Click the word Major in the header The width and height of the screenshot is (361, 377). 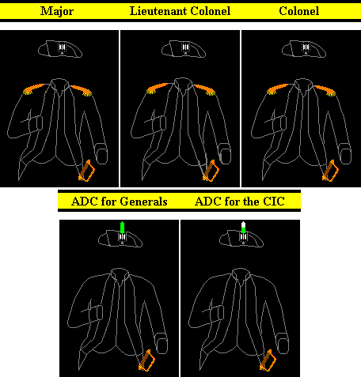pyautogui.click(x=57, y=11)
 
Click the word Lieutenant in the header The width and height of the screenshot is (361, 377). pyautogui.click(x=158, y=11)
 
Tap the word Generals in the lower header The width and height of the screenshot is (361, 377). pyautogui.click(x=143, y=202)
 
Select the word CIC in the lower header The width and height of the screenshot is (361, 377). pyautogui.click(x=273, y=202)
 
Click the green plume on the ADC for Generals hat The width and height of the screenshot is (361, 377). pyautogui.click(x=122, y=228)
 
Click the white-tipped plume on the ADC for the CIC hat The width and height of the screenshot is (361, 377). pyautogui.click(x=243, y=228)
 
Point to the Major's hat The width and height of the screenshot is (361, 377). pyautogui.click(x=60, y=49)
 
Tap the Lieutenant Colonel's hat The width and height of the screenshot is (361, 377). pyautogui.click(x=184, y=49)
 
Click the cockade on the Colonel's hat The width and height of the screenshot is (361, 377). pyautogui.click(x=306, y=47)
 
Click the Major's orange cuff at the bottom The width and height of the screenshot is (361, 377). pyautogui.click(x=86, y=171)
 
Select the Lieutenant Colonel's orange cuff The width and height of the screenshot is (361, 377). pyautogui.click(x=211, y=171)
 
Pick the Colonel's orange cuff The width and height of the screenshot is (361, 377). pyautogui.click(x=330, y=171)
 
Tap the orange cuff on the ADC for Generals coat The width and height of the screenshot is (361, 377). pyautogui.click(x=146, y=360)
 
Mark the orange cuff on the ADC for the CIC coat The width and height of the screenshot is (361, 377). pyautogui.click(x=268, y=360)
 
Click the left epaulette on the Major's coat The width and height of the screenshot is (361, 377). pyautogui.click(x=33, y=89)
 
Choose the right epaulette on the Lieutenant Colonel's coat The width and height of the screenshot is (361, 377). pyautogui.click(x=205, y=89)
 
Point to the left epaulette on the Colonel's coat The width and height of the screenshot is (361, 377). pyautogui.click(x=277, y=89)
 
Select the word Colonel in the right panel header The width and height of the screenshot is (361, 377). pyautogui.click(x=299, y=11)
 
